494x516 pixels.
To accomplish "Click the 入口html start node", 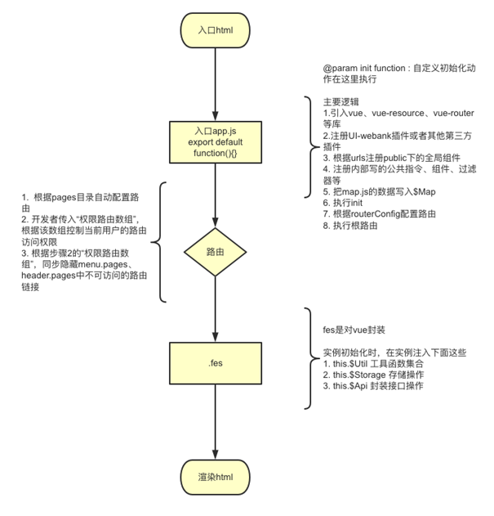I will pos(215,30).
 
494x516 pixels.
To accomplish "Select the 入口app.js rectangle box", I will pos(215,142).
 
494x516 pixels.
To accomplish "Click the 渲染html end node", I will pos(215,477).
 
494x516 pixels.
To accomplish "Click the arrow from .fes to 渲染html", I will pos(215,421).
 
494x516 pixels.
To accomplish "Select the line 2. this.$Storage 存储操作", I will pos(373,375).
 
